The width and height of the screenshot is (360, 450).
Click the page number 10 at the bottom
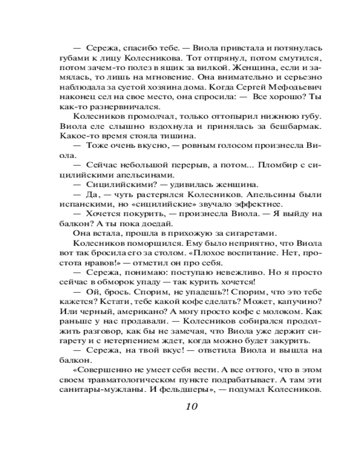tap(191, 407)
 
